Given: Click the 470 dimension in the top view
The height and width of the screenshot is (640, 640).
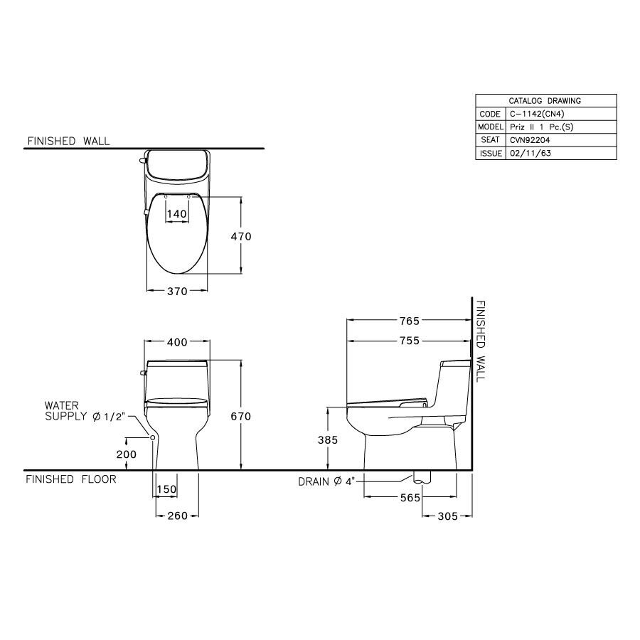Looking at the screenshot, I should point(240,236).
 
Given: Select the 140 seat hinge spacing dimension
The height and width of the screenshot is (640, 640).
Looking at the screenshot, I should point(176,213).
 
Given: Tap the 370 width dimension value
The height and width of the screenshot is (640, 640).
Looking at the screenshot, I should point(176,291).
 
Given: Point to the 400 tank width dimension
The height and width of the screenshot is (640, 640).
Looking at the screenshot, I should point(177,342).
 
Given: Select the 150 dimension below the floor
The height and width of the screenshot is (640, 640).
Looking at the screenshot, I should point(166,489).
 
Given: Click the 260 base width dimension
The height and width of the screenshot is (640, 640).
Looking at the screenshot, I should point(176,516).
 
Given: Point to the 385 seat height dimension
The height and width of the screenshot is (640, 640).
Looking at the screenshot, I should point(328,440).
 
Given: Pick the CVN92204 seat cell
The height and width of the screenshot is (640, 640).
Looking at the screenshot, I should point(530,139).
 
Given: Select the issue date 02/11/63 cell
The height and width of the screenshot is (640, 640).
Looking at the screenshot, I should point(530,153).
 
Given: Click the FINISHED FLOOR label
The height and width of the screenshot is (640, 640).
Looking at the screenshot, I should point(71,479).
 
